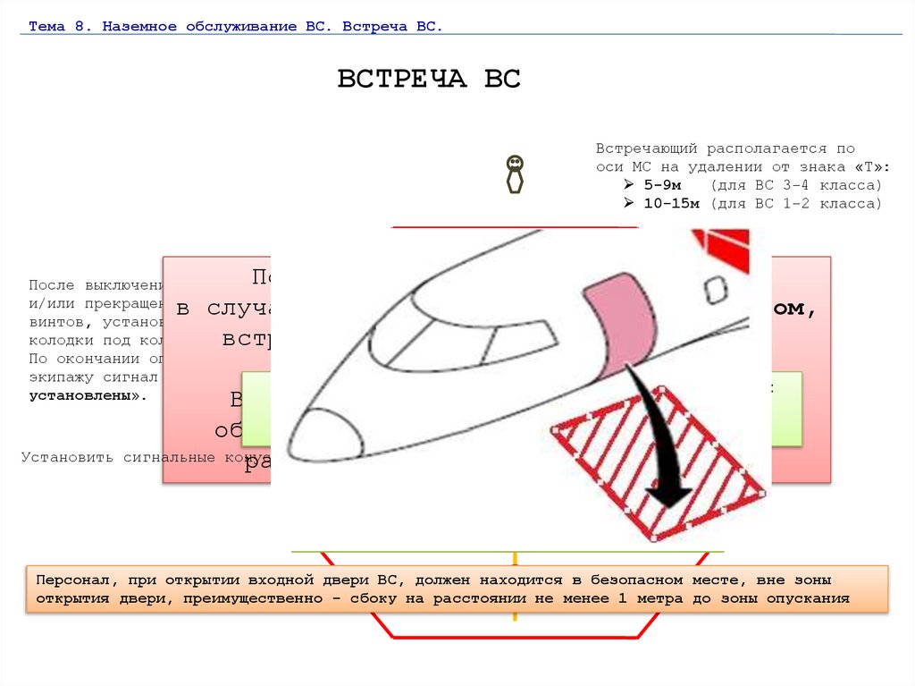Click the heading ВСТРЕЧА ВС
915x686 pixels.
pos(429,79)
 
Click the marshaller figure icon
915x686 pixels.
pos(515,174)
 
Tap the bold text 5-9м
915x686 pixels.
pos(663,185)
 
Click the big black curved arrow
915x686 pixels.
pos(666,438)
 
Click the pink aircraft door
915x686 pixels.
pos(617,323)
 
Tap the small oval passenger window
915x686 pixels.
pos(715,290)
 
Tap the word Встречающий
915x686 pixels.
pos(648,148)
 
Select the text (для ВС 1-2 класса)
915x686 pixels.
pos(796,203)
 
